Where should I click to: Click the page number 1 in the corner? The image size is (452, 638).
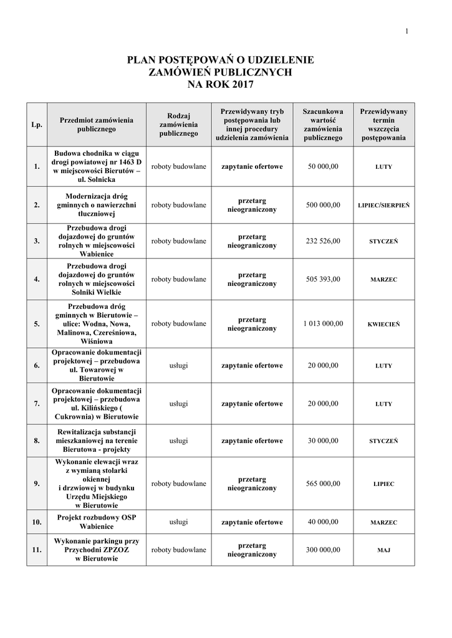tap(406, 32)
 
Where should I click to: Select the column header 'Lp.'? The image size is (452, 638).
tap(37, 125)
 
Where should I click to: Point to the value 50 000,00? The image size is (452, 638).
tap(323, 167)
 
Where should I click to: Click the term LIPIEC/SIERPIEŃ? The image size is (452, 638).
tap(383, 205)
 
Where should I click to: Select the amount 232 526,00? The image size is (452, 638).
tap(323, 241)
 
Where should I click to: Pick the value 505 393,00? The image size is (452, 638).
tap(323, 279)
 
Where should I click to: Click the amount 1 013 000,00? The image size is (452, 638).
tap(323, 324)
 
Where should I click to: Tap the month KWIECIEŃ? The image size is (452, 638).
tap(383, 324)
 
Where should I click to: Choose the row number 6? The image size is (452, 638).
tap(37, 366)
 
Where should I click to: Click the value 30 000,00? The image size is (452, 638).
tap(323, 440)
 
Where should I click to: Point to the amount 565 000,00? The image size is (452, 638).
tap(323, 484)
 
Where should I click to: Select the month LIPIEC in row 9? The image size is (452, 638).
tap(383, 484)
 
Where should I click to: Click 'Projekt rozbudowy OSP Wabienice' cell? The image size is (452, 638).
tap(97, 522)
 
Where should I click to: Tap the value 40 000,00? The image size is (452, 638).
tap(323, 522)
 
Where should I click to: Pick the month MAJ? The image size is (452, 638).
tap(383, 550)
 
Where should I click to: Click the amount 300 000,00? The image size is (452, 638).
tap(323, 550)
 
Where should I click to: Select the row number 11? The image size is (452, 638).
tap(37, 550)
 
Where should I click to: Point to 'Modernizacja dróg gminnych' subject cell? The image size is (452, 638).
tap(97, 204)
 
